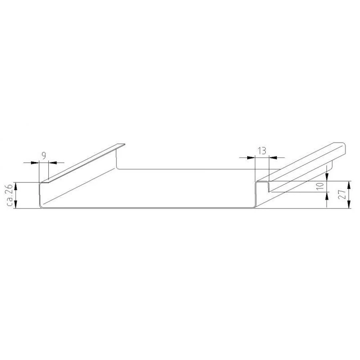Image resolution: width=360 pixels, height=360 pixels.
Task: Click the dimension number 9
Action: click(x=44, y=156)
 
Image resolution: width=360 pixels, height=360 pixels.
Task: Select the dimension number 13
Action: click(x=262, y=151)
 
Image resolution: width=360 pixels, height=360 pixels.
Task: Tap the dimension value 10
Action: click(x=320, y=186)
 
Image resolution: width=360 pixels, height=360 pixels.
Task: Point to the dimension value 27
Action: click(x=342, y=194)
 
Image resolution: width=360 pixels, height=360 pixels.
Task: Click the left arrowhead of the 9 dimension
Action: click(x=36, y=163)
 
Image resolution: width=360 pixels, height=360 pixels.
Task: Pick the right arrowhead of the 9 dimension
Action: click(x=53, y=163)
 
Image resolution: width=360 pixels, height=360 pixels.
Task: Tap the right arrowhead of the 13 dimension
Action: click(x=273, y=158)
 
